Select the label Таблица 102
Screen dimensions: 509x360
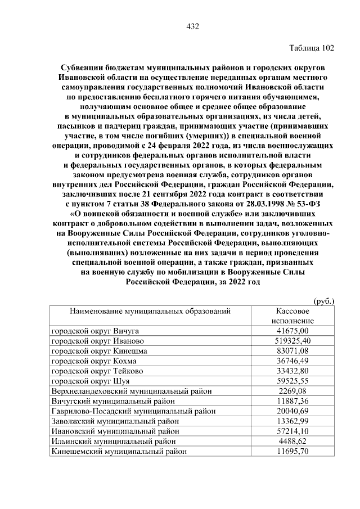[x=311, y=48]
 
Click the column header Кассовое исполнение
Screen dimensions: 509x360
[x=291, y=316]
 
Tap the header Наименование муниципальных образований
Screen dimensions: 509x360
[x=150, y=311]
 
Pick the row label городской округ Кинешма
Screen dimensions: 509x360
[x=99, y=351]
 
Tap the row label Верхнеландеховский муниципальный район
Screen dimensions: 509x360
[x=132, y=391]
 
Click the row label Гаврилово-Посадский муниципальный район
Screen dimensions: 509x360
[x=133, y=411]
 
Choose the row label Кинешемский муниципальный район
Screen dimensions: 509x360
[x=119, y=451]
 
